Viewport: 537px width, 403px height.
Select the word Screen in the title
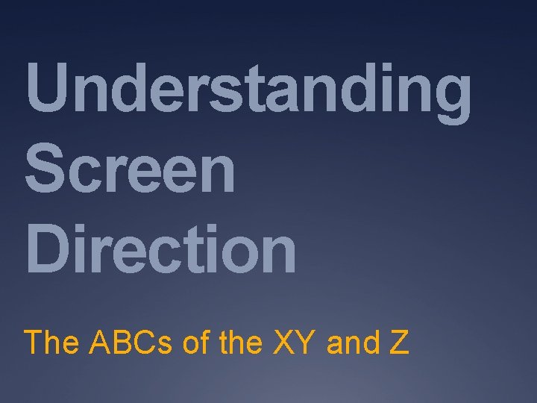[x=130, y=171]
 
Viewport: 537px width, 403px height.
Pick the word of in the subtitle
[x=196, y=343]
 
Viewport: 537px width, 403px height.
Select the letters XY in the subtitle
[x=292, y=343]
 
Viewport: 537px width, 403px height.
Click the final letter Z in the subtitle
[x=398, y=343]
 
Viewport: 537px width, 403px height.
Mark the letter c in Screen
[x=90, y=176]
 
